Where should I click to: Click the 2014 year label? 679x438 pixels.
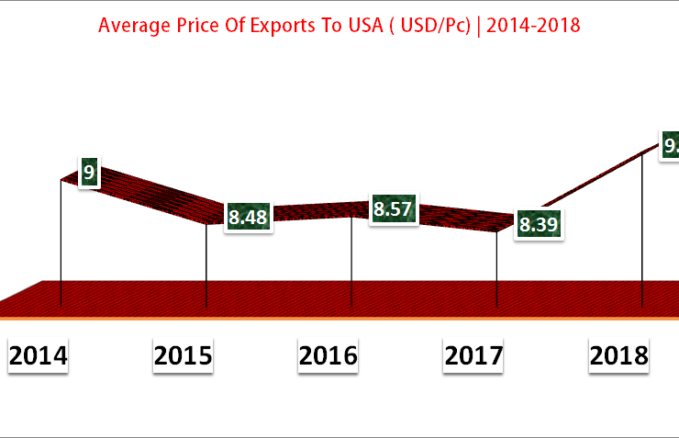tap(39, 355)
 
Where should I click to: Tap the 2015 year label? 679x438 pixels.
tap(184, 355)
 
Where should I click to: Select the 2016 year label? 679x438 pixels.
tap(328, 355)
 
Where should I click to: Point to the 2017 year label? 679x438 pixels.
tap(473, 355)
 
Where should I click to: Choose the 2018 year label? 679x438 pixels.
tap(618, 355)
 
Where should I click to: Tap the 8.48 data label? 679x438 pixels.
tap(248, 218)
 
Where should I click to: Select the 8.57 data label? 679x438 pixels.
tap(392, 209)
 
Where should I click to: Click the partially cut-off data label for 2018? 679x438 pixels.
tap(671, 145)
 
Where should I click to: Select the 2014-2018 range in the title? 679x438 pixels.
tap(533, 25)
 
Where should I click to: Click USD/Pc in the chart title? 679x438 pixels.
tap(429, 25)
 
